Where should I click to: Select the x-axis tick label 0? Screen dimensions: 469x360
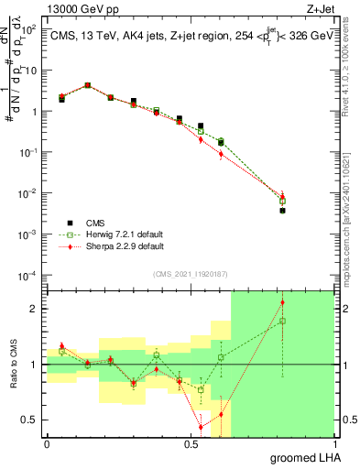47,445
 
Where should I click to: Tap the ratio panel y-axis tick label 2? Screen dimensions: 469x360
37,309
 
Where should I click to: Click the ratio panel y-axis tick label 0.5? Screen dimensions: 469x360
32,420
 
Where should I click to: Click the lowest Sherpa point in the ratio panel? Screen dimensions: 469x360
201,427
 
